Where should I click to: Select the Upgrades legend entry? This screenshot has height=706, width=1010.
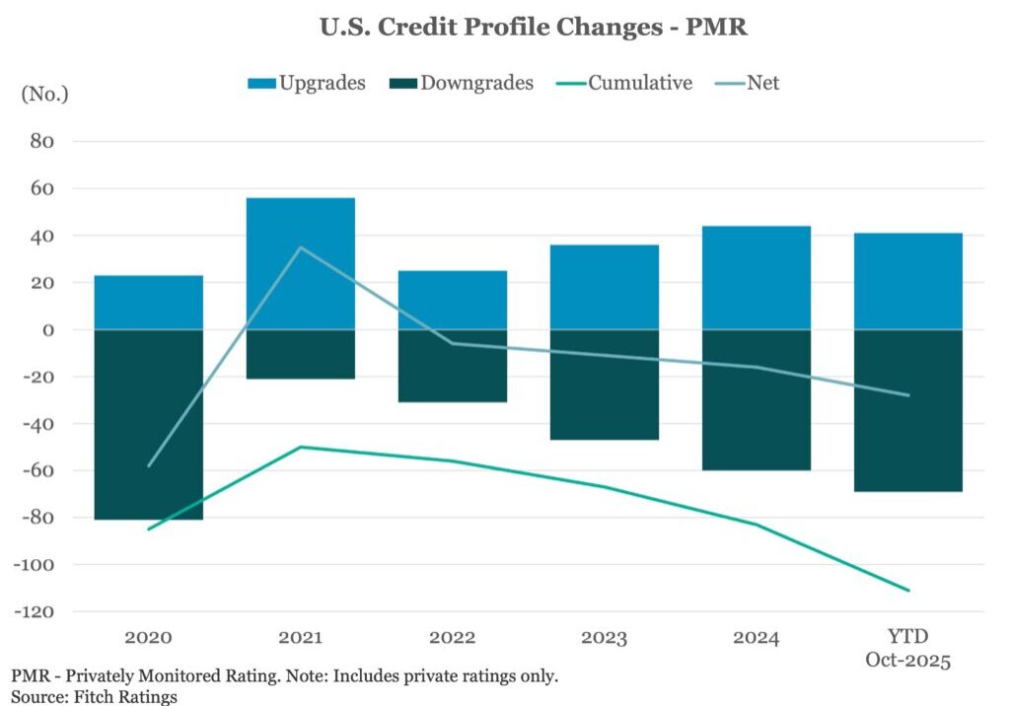click(307, 83)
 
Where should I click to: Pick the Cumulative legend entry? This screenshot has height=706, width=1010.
click(626, 83)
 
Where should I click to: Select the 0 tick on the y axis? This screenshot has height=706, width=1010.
click(47, 330)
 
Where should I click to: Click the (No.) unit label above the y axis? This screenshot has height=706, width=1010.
click(44, 95)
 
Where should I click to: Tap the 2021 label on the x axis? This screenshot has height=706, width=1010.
click(300, 638)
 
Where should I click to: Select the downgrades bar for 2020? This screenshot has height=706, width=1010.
click(149, 424)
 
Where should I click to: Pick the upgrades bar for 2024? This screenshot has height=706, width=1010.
click(757, 278)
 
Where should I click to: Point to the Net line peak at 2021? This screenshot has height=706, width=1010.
click(300, 247)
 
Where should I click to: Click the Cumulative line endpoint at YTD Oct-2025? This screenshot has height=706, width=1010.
click(908, 591)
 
